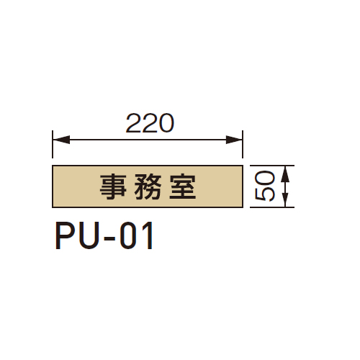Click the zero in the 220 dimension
tap(166, 123)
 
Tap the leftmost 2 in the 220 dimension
tap(133, 123)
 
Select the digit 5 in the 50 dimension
tap(264, 193)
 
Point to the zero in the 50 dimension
tap(264, 177)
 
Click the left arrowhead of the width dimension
tap(61, 140)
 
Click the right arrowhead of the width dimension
tap(234, 140)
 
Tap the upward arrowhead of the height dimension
tap(285, 174)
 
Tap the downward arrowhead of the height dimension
tap(285, 199)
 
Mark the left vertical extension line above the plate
tap(53, 144)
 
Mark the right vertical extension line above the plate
tap(243, 144)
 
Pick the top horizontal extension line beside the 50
tap(272, 166)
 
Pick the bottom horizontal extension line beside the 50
tap(272, 207)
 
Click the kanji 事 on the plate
tap(113, 186)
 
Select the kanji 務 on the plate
tap(148, 186)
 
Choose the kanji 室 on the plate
tap(183, 186)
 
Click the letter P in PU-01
tap(64, 235)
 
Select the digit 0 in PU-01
tap(128, 235)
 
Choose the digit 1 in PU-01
tap(148, 235)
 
